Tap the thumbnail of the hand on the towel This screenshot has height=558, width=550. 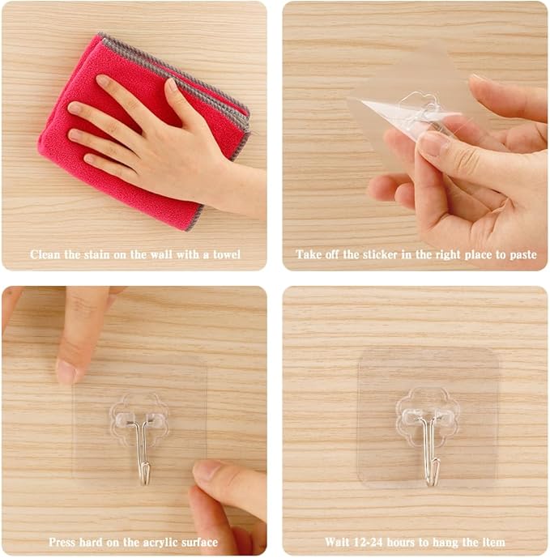coord(173,85)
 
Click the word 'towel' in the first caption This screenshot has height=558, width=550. coord(227,254)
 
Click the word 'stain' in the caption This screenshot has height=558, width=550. coord(97,254)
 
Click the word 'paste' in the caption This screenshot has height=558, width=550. coord(523,255)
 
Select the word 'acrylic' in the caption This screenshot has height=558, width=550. coord(160,543)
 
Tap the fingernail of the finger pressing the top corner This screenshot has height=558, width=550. coord(66,372)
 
